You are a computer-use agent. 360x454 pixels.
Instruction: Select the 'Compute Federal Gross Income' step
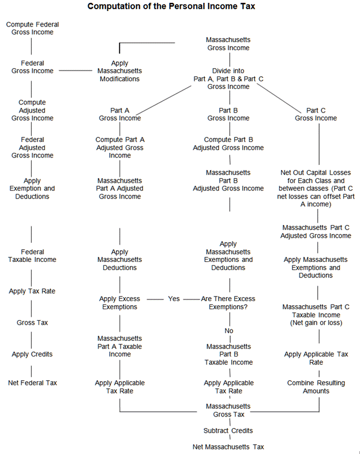[x=32, y=28]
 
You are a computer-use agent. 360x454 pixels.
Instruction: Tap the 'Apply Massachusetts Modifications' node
[x=119, y=71]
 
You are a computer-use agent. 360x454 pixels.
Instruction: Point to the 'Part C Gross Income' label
[x=316, y=114]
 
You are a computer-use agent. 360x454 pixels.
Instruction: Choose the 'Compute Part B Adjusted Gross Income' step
[x=228, y=143]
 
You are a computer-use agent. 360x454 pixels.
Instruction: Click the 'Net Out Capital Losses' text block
[x=316, y=188]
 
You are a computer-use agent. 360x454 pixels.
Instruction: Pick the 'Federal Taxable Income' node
[x=32, y=256]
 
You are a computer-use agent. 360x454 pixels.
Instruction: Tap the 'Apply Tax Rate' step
[x=32, y=291]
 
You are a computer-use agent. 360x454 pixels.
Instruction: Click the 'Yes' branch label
[x=174, y=299]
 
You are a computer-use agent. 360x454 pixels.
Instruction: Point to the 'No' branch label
[x=228, y=331]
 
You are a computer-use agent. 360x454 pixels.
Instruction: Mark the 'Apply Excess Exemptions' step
[x=119, y=303]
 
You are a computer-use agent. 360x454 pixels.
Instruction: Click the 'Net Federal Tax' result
[x=32, y=382]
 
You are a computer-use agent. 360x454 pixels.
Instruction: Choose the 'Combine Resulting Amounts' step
[x=316, y=387]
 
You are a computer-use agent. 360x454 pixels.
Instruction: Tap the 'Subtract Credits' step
[x=228, y=430]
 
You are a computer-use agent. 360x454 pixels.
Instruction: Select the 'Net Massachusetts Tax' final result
[x=228, y=447]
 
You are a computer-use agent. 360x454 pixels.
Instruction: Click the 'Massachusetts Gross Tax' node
[x=228, y=410]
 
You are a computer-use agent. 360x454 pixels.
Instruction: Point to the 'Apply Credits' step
[x=32, y=354]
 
